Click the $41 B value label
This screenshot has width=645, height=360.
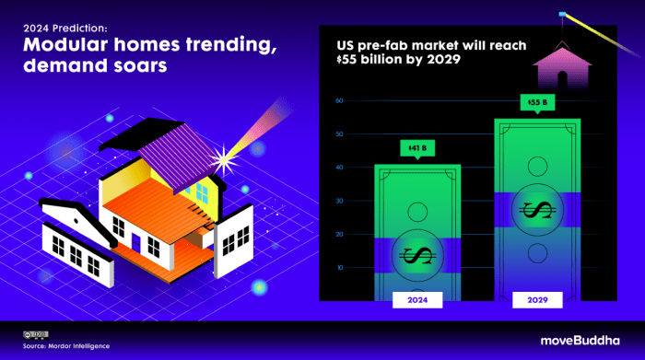pos(417,148)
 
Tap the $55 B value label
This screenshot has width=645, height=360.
pos(537,102)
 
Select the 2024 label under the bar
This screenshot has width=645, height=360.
pos(417,300)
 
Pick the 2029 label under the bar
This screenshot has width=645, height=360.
pos(537,300)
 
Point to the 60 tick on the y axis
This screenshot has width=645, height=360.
pos(339,100)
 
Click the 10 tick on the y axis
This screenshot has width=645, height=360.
pos(340,268)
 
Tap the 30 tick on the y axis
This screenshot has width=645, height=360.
pos(339,201)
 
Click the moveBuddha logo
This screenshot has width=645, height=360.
pos(580,341)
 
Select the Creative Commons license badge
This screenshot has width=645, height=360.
pos(36,335)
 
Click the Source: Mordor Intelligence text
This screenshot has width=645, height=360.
pos(66,346)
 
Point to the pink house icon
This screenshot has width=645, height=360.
pos(562,65)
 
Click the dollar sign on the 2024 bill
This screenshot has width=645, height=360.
pos(417,256)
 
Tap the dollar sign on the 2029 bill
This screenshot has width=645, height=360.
pos(537,210)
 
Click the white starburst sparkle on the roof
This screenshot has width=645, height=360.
pos(224,159)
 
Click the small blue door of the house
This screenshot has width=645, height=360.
pos(135,242)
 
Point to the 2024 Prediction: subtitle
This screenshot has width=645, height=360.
pos(65,28)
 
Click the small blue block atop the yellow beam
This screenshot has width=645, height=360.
pos(562,15)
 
